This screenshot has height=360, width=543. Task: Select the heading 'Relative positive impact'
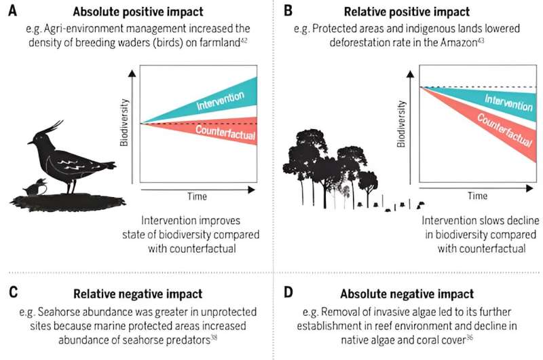415,12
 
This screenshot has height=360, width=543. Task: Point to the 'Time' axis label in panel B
477,195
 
